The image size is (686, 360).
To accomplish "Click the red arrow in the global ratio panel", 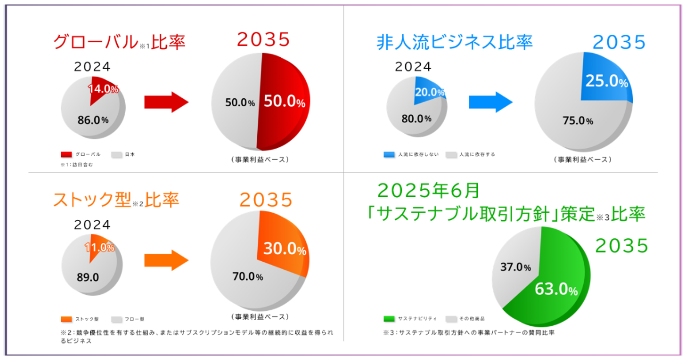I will [x=166, y=102].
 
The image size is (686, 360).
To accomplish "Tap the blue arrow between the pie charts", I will [x=490, y=102].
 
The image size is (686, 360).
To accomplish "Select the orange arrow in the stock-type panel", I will [x=166, y=261].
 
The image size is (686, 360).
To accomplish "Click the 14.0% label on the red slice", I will [x=103, y=89].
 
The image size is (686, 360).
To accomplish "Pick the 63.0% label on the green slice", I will [x=556, y=290].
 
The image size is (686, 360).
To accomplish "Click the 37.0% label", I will [x=516, y=267].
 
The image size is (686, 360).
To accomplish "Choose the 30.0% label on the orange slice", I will [x=285, y=249].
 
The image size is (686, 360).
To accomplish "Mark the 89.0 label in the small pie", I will [x=88, y=277].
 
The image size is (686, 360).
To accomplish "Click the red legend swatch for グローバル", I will [x=66, y=154].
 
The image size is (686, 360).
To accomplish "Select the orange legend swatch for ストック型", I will [x=66, y=319].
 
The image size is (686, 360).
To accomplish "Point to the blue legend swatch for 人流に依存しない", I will [x=390, y=154].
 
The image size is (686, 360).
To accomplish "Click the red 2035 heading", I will [x=264, y=40].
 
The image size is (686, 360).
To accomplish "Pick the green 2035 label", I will [x=621, y=246].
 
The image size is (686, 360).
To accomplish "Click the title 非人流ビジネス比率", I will [x=454, y=42].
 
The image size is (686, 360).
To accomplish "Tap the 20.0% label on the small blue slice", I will [x=430, y=91].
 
